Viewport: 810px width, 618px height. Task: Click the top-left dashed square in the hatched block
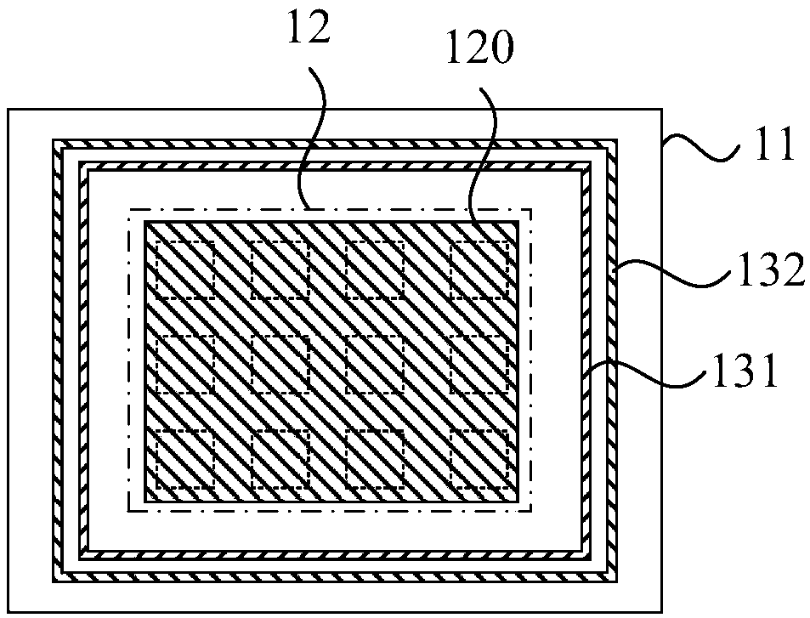click(184, 269)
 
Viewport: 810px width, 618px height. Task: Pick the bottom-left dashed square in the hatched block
click(184, 458)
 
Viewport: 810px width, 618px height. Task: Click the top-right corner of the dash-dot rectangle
click(532, 207)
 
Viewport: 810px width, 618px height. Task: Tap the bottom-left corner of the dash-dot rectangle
click(128, 512)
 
